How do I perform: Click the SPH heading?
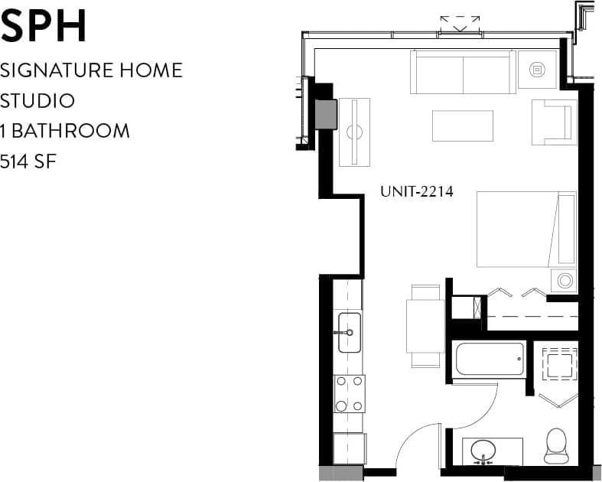click(x=44, y=26)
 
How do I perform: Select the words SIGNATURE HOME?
click(x=91, y=70)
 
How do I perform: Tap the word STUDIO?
click(x=37, y=101)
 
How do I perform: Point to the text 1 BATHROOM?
click(x=65, y=131)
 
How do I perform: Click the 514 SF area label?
click(x=30, y=161)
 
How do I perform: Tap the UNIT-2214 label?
click(x=417, y=192)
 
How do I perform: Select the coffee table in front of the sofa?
click(x=462, y=126)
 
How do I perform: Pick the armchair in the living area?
click(x=553, y=122)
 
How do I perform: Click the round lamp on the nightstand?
click(x=565, y=280)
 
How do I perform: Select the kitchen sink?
click(x=349, y=332)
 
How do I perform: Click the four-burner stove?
click(x=349, y=393)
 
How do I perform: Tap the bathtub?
click(x=490, y=359)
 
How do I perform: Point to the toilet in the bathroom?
click(x=555, y=446)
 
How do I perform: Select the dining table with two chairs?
click(x=425, y=326)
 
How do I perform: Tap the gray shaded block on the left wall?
click(x=327, y=115)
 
